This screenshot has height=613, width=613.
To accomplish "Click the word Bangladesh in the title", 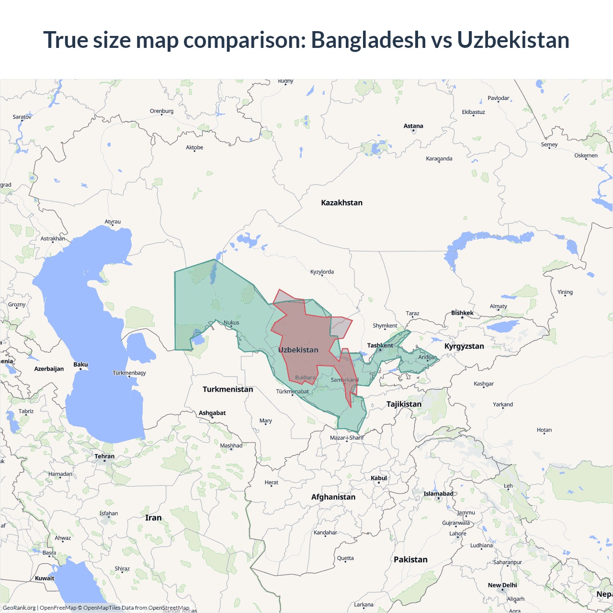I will tap(368, 40).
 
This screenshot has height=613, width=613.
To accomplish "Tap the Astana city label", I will tap(413, 126).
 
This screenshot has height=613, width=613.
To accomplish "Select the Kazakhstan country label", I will tap(341, 203).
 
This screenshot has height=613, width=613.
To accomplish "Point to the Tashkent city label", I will tap(380, 345).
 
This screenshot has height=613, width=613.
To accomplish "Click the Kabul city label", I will tap(379, 478).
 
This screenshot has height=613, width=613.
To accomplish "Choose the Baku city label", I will tap(80, 364).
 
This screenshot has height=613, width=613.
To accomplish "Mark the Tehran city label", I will tap(104, 456).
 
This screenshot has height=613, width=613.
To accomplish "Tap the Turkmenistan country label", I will tap(227, 389).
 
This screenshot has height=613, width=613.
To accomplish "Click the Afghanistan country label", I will tap(333, 497).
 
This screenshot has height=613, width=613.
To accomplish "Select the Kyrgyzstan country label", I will tap(464, 346).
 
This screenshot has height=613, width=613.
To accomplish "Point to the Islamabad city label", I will tap(438, 494).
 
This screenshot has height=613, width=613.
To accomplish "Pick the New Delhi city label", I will tap(502, 585).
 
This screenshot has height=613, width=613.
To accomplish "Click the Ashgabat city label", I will tap(212, 413).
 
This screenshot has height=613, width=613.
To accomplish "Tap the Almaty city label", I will tap(498, 306).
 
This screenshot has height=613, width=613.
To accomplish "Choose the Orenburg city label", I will tap(161, 111).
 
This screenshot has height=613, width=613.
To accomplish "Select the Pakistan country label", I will tap(410, 559).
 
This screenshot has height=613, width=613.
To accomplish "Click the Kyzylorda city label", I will tap(322, 272).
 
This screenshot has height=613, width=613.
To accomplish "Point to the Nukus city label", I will tap(231, 323).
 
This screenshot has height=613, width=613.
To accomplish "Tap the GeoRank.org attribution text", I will tap(19, 608).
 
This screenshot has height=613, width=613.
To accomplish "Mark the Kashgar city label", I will tap(483, 384).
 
